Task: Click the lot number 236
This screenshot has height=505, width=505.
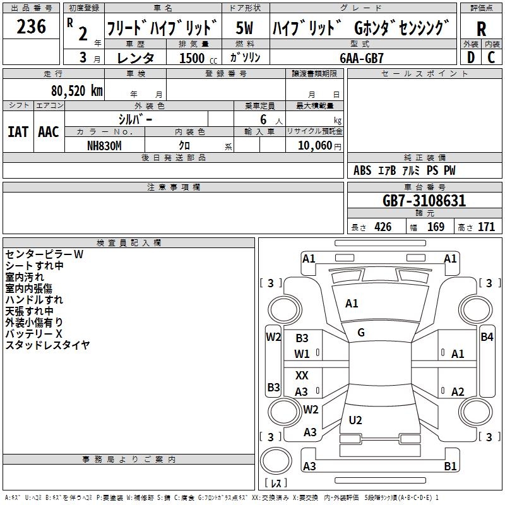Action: point(31,27)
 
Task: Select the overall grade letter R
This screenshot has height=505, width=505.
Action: point(481,29)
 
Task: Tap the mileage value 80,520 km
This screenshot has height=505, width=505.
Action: point(77,91)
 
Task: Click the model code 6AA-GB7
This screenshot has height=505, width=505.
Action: point(362,58)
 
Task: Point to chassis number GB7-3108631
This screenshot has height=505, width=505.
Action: point(424,201)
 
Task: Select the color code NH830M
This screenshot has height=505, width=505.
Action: point(104,146)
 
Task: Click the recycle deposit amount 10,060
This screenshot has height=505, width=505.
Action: point(314,146)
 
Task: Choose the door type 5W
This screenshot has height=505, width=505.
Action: point(244,28)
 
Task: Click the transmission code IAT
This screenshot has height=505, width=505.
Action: point(18,132)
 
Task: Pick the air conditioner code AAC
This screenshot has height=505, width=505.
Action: point(49,132)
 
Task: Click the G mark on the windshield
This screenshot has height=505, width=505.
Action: point(361,333)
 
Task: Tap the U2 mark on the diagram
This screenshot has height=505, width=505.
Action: point(355,420)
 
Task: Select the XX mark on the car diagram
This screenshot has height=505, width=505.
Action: point(302,376)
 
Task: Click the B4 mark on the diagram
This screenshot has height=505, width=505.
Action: point(487,337)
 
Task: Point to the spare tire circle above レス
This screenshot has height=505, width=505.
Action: point(276,461)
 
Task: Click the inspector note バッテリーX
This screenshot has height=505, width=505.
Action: point(33,334)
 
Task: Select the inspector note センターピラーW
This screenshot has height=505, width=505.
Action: point(44,254)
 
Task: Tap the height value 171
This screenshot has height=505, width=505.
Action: point(486,227)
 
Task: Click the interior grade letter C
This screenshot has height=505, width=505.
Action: point(491,57)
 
